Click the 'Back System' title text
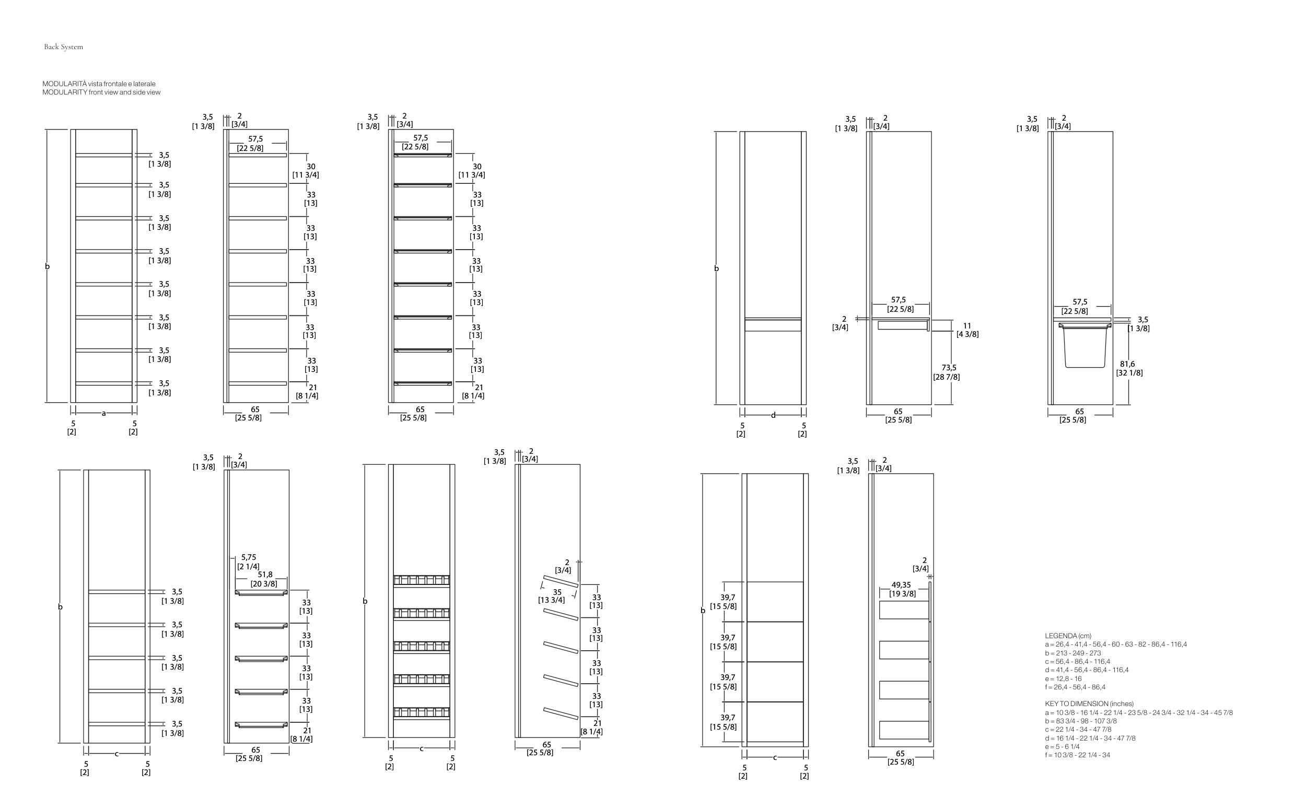(63, 47)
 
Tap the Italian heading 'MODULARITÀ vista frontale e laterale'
(99, 84)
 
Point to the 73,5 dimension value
(949, 368)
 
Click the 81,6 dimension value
(1127, 364)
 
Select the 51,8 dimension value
(265, 574)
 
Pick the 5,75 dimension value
(248, 557)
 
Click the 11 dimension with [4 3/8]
(967, 325)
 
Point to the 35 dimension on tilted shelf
(557, 592)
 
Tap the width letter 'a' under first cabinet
(104, 413)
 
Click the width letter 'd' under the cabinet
(773, 415)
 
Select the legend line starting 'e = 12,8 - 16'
(1063, 678)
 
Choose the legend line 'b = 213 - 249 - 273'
(1072, 653)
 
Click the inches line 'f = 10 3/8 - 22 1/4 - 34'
(1077, 755)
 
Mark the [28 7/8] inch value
(947, 377)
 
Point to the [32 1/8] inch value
(1129, 373)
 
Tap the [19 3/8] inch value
(903, 594)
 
